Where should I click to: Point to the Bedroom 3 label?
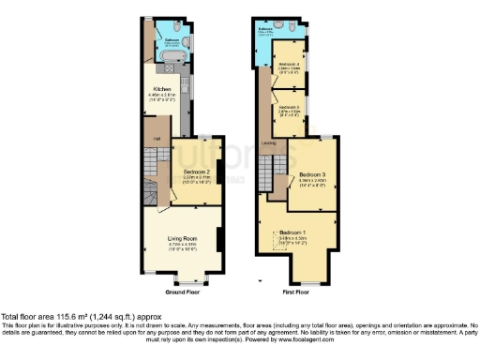[312, 174]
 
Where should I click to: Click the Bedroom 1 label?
[292, 231]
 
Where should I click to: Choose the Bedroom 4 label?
[289, 64]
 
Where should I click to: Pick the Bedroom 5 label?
[288, 107]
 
